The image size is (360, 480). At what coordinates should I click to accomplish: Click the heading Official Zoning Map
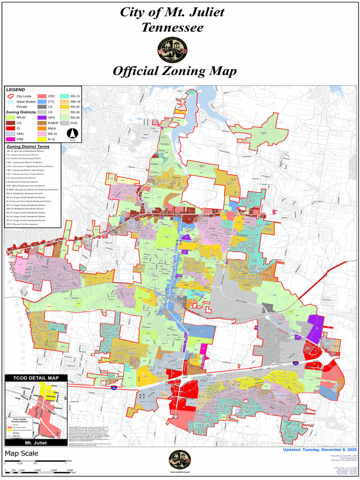174,72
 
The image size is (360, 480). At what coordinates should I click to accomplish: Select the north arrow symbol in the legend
73,134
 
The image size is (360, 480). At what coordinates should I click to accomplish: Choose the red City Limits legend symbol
10,96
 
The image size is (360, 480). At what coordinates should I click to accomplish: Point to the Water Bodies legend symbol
10,102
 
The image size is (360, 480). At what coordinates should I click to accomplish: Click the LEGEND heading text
16,90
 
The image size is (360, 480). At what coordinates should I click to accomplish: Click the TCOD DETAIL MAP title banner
36,378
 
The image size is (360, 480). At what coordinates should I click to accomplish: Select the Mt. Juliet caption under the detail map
36,442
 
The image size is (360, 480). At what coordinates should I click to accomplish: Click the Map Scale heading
22,454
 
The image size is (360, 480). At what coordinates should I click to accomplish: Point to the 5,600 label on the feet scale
69,470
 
